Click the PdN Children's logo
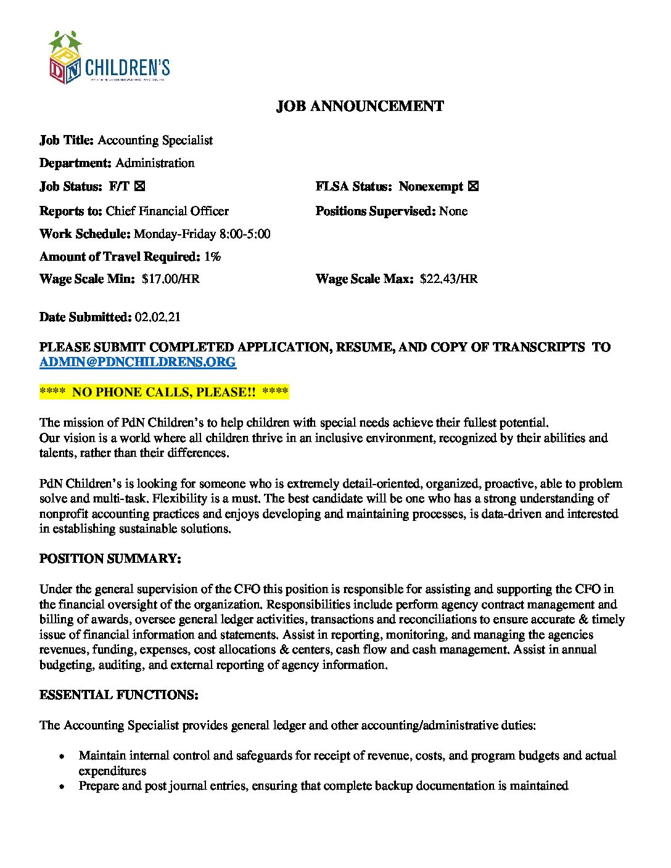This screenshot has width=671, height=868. pyautogui.click(x=109, y=57)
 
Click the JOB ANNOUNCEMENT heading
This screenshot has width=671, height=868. pyautogui.click(x=360, y=107)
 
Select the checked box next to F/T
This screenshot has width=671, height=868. pyautogui.click(x=140, y=186)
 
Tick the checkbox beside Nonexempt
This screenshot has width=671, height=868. pyautogui.click(x=473, y=186)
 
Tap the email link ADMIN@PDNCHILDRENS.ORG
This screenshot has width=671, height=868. pyautogui.click(x=138, y=362)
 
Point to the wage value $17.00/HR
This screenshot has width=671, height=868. pyautogui.click(x=170, y=279)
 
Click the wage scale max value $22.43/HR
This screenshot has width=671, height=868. pyautogui.click(x=448, y=279)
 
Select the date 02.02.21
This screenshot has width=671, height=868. pyautogui.click(x=158, y=317)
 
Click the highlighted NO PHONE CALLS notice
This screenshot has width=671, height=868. pyautogui.click(x=164, y=392)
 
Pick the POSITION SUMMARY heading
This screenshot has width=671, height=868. pyautogui.click(x=110, y=559)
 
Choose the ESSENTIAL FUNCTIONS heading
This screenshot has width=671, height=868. pyautogui.click(x=119, y=695)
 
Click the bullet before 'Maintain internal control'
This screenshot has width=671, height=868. pyautogui.click(x=62, y=756)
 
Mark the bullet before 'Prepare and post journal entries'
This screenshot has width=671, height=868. pyautogui.click(x=62, y=786)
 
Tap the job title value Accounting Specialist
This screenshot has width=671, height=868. pyautogui.click(x=155, y=141)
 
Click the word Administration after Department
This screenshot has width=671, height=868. pyautogui.click(x=155, y=163)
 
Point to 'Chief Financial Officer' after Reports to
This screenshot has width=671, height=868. pyautogui.click(x=167, y=211)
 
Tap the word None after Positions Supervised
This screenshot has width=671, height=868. pyautogui.click(x=453, y=211)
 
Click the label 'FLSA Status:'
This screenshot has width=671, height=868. pyautogui.click(x=353, y=186)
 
